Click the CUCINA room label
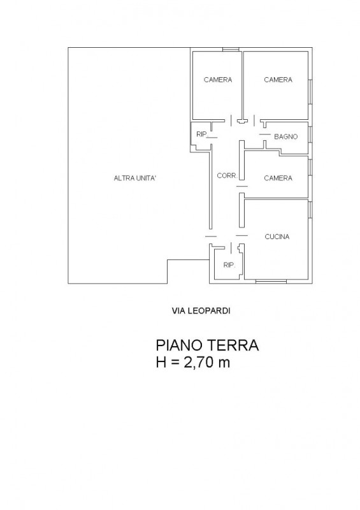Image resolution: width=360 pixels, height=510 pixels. pos(277,237)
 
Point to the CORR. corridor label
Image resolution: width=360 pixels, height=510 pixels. pos(226,177)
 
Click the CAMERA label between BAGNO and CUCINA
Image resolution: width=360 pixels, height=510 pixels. pos(278,178)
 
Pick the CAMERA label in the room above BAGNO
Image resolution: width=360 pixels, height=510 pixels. pos(278,80)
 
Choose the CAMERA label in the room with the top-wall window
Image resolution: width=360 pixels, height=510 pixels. pos(218,80)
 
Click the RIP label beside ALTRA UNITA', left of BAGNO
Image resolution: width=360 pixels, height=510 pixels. pos(201,134)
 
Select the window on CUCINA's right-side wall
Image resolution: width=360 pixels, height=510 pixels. pos(310,209)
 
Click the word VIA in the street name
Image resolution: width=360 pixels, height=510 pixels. pos(180,311)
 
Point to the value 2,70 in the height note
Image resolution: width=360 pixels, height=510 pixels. pos(198,364)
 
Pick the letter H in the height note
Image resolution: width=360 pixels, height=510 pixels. pos(161,364)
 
